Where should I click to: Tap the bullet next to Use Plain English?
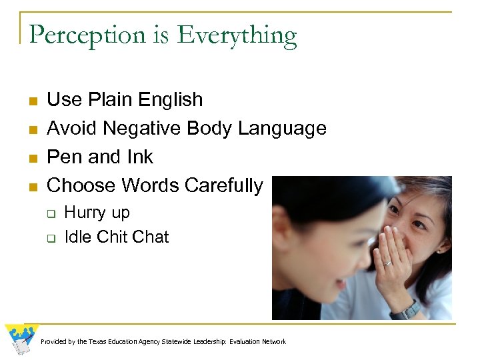point(32,101)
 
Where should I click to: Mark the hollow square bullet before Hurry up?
point(49,214)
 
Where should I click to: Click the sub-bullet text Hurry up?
point(97,213)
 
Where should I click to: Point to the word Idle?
point(77,237)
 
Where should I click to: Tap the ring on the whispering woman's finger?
point(388,263)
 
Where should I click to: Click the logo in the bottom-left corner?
point(21,339)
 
